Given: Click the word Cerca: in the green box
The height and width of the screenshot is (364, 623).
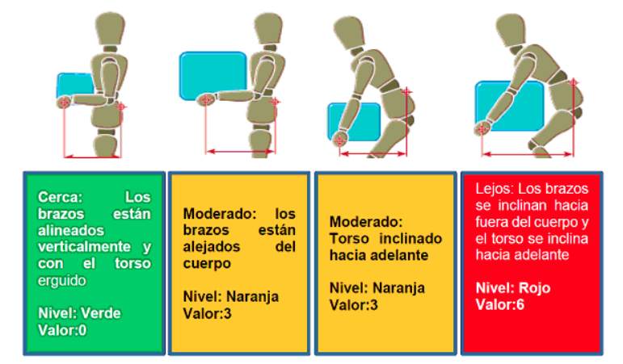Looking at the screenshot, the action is pos(60,197).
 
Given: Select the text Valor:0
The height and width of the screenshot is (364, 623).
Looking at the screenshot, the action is pos(62,330).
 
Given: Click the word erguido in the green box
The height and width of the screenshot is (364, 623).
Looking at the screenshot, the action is pos(61,281).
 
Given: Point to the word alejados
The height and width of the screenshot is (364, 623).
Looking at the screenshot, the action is pos(212,247).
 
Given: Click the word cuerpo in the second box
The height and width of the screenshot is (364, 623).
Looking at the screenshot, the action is pos(207,264).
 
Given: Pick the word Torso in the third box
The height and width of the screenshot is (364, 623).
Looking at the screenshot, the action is pos(349,239).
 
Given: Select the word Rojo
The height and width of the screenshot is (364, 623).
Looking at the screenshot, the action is pos(534,288).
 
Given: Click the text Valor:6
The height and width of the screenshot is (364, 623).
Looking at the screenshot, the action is pos(500,305).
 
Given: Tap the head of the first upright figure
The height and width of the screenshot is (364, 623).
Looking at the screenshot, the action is pos(110,28).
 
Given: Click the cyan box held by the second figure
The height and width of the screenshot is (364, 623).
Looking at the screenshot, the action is pos(213,75).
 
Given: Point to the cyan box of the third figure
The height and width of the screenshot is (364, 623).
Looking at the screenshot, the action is pos(354,121).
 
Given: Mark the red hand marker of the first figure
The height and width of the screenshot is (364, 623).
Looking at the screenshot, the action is pos(64,103).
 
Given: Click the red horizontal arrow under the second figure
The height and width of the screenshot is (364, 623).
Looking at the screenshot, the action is pos(240,151).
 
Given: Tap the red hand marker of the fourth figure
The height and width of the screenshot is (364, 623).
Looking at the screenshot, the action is pos(482,129).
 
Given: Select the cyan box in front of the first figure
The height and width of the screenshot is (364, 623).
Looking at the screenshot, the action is pos(75,86).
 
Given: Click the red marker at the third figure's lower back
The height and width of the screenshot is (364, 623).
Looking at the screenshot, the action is pos(406,92).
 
